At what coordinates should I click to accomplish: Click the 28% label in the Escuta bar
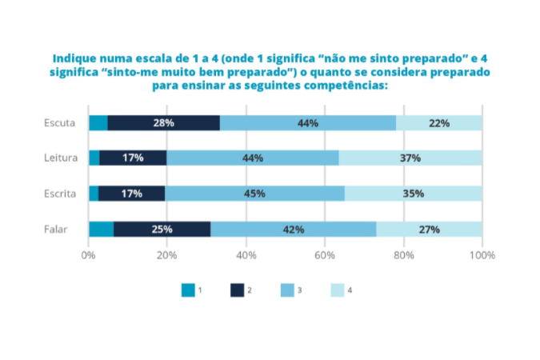163,123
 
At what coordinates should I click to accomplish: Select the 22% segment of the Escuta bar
438,123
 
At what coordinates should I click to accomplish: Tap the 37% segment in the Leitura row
410,158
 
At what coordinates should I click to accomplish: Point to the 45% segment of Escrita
254,193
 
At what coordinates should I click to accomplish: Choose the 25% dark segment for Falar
162,230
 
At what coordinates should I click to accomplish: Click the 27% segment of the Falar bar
429,230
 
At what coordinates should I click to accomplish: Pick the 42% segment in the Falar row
293,230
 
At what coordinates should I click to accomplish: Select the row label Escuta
60,123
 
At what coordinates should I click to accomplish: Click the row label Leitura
60,158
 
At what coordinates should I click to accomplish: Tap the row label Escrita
60,193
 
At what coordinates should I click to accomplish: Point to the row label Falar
55,230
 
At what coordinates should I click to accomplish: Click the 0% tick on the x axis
88,255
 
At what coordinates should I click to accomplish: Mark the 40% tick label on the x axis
246,255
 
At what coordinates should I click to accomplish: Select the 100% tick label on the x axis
482,255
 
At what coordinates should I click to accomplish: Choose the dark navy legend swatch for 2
238,290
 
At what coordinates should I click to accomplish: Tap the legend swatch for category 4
336,290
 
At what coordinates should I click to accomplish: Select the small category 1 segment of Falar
101,230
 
